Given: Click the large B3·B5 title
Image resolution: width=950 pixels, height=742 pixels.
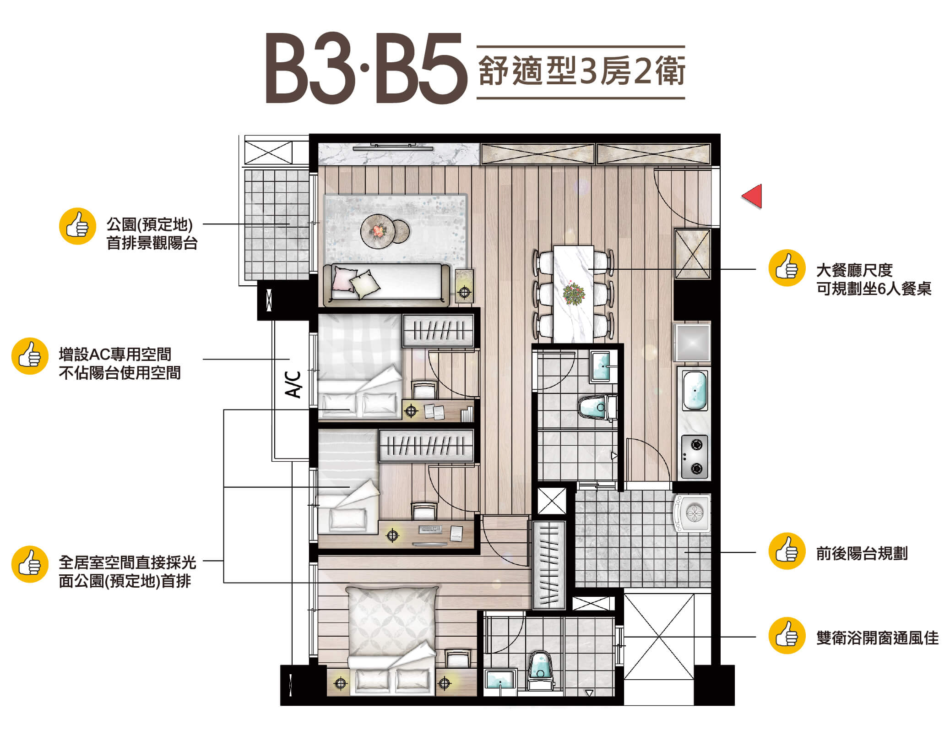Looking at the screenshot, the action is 366,69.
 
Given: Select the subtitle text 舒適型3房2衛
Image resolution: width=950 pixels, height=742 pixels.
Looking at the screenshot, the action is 581,72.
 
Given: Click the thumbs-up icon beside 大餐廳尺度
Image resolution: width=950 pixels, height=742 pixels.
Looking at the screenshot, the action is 787,268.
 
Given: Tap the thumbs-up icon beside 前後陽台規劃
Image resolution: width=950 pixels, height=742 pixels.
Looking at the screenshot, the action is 787,551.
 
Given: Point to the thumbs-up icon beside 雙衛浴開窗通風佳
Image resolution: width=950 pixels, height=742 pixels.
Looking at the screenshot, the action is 787,635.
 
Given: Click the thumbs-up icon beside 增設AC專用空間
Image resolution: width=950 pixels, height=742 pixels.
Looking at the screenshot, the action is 30,356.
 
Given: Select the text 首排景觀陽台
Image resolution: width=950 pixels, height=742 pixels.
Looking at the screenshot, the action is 152,243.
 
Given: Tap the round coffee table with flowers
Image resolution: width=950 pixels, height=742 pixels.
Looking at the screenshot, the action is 378,230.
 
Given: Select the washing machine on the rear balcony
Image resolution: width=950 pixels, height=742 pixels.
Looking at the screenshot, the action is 692,513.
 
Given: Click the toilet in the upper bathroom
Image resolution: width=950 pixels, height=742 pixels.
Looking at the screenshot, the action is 597,407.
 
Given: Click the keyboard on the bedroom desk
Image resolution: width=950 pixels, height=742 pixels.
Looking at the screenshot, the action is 430,529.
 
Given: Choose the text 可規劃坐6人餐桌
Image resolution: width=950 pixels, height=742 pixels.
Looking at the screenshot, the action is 874,289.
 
